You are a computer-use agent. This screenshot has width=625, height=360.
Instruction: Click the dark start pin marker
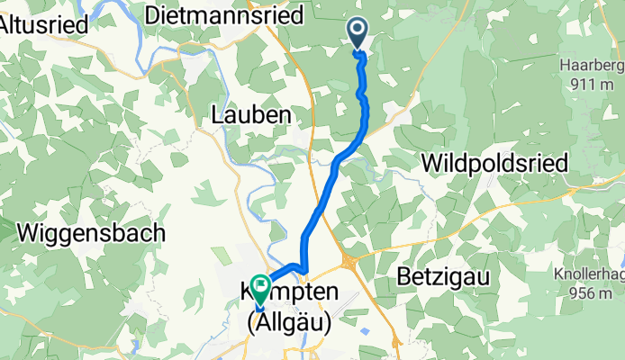pyautogui.click(x=358, y=35)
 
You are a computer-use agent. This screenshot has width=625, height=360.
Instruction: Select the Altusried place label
pyautogui.click(x=43, y=25)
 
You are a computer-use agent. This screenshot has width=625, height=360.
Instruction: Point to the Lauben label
pyautogui.click(x=251, y=115)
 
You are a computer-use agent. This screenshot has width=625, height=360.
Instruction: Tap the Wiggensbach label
pyautogui.click(x=91, y=232)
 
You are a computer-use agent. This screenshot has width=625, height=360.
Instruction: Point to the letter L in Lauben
pyautogui.click(x=217, y=115)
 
